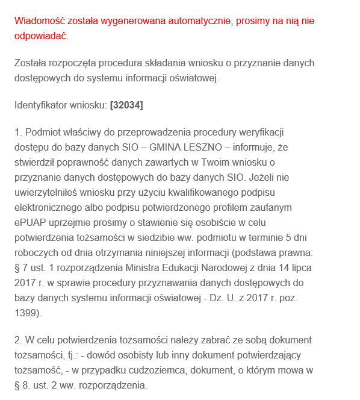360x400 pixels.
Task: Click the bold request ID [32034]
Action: click(x=126, y=105)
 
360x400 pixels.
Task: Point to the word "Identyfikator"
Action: click(x=41, y=105)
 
